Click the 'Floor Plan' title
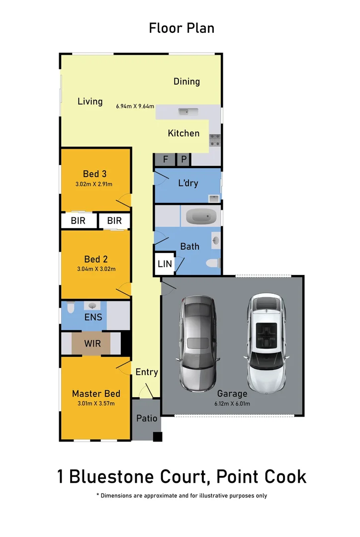[x=181, y=28]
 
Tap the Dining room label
[x=186, y=82]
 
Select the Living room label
[x=90, y=101]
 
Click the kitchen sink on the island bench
[x=188, y=111]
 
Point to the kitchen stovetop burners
[x=215, y=140]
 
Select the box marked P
[x=183, y=160]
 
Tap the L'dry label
[x=188, y=183]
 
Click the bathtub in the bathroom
[x=203, y=217]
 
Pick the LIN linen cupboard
[x=165, y=264]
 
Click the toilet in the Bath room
[x=212, y=264]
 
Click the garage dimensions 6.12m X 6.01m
[x=232, y=403]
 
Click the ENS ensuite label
[x=93, y=317]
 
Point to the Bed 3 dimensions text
[x=94, y=184]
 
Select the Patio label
[x=147, y=418]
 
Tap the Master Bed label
[x=96, y=393]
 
